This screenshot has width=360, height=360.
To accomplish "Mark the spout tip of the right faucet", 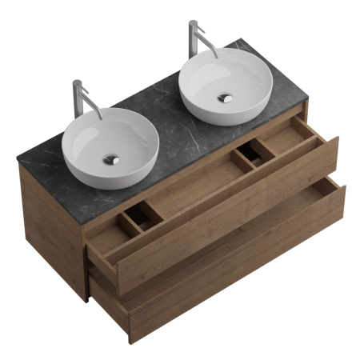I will [x=217, y=58].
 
